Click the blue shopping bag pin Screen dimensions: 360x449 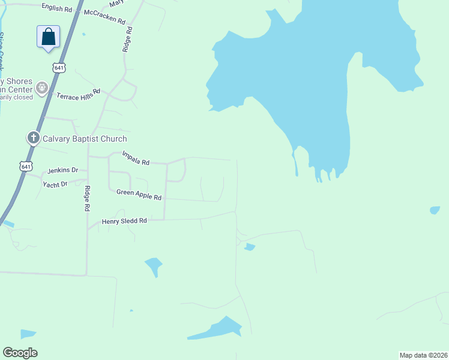point(48,37)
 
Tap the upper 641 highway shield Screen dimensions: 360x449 point(59,68)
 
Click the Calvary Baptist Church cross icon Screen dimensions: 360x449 point(33,139)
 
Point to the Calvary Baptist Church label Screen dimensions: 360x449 point(85,139)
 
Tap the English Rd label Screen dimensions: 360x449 point(56,7)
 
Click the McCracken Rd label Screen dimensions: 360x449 point(105,16)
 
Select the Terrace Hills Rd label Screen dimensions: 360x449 point(78,94)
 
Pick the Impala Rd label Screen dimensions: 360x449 point(136,158)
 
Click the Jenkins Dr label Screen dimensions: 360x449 point(63,170)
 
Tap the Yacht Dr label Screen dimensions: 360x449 point(55,184)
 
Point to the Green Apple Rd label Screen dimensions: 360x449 point(139,194)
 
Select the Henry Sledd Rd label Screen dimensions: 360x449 point(124,221)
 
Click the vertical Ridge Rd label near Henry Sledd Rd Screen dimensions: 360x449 point(87,199)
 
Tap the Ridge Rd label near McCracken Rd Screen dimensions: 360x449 point(127,38)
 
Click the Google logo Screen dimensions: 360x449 point(20,353)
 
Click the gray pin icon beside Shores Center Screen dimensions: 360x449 point(42,89)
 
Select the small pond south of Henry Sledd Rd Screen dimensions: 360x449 point(154,265)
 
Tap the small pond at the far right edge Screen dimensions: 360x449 point(435,210)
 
